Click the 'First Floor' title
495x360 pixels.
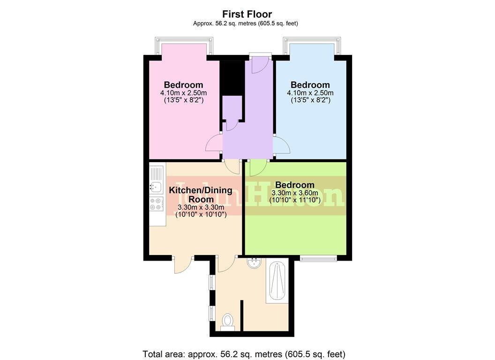tap(247, 14)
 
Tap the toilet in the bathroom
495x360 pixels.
tap(228, 321)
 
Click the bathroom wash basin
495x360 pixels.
tap(255, 262)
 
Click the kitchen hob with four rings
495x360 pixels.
tap(156, 203)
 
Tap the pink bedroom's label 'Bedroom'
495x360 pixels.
tap(183, 85)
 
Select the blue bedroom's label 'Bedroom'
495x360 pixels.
tap(310, 85)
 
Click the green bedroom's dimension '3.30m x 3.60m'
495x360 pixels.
tap(294, 193)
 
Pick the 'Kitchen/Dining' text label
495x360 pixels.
tap(201, 190)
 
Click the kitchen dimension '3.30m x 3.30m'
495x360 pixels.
tap(201, 207)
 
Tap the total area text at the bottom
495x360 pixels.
tap(244, 354)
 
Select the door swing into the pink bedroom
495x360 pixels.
tap(214, 143)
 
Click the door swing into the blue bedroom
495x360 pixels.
tap(281, 145)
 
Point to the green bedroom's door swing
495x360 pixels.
tap(258, 166)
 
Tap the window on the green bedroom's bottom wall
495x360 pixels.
tap(318, 257)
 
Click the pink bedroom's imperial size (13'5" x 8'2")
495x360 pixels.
tap(183, 100)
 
